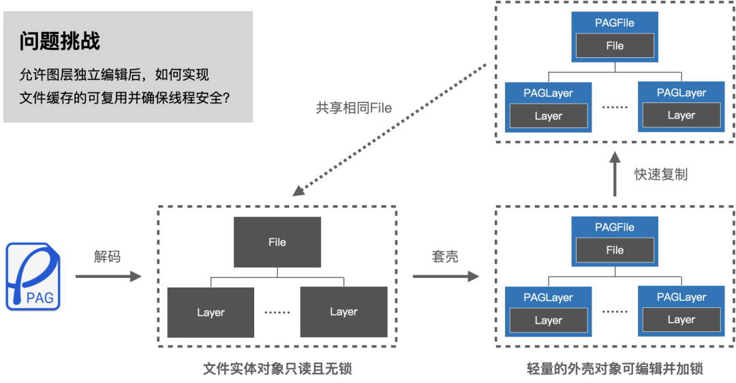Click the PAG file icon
[33, 277]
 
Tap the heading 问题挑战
[60, 42]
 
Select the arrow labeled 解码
[108, 277]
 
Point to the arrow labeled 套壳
[445, 277]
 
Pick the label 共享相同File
[354, 108]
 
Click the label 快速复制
[661, 174]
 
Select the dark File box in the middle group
[277, 242]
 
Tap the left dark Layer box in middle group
[211, 312]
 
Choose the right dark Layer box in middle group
[343, 311]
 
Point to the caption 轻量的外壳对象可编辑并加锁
[615, 369]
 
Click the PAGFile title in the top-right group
[615, 22]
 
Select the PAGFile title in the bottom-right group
[615, 227]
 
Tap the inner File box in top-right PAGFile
[615, 46]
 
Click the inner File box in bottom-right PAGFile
[615, 250]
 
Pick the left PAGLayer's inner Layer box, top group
[549, 116]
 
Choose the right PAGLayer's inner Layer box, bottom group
[681, 320]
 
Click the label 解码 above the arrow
[107, 257]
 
